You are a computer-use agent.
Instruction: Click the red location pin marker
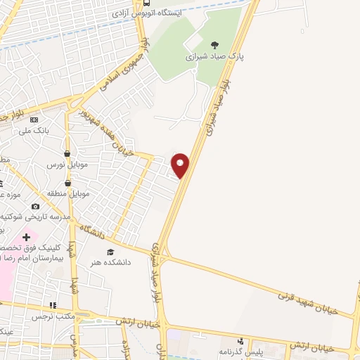[181, 165]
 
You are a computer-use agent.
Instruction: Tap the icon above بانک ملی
[34, 120]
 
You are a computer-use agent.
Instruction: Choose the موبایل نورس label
[66, 164]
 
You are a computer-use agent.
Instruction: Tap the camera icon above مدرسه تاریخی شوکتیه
[36, 207]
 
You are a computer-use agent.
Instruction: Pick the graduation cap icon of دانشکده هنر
[110, 252]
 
